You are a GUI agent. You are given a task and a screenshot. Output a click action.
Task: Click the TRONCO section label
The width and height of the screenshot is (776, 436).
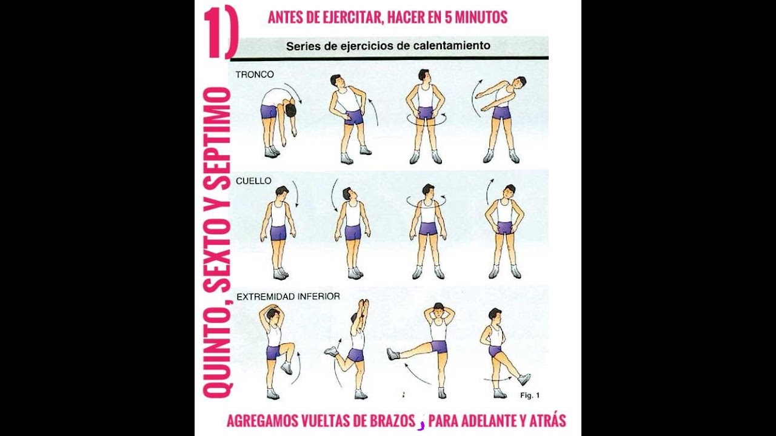coord(255,74)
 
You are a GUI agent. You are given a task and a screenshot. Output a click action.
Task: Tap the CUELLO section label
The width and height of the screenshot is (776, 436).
coord(253,181)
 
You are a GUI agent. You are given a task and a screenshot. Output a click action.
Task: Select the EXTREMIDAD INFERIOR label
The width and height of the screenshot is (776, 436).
coord(288,297)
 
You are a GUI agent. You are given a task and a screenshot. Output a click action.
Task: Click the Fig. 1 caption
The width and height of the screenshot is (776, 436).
coord(530,395)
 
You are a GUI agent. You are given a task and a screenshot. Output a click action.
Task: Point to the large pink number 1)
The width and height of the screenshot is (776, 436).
coord(221,33)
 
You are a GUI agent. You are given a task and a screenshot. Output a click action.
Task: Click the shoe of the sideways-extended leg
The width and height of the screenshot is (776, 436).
coord(393,354)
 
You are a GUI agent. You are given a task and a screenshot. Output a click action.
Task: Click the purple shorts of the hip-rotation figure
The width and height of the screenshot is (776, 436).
coord(426,113)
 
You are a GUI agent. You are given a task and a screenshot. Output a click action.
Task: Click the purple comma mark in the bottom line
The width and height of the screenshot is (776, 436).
coord(421,425)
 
